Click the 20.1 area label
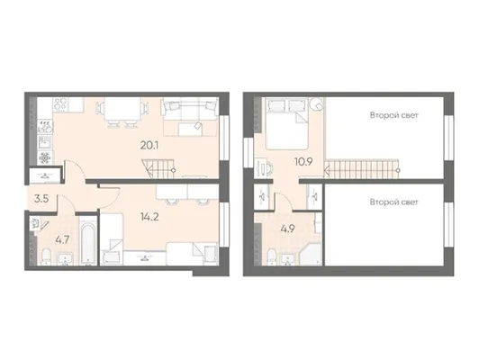(x=149, y=146)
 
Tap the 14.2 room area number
(x=149, y=217)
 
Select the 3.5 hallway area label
(x=41, y=199)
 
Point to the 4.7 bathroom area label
(x=62, y=240)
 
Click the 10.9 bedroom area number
(x=303, y=161)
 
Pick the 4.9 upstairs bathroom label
(x=288, y=229)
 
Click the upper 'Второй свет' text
(x=393, y=115)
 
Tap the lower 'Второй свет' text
(x=393, y=202)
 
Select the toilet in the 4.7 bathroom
(x=47, y=256)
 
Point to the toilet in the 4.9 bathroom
(x=273, y=257)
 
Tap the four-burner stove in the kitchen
(x=61, y=103)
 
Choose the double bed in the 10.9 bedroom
(x=287, y=123)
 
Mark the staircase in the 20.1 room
(x=158, y=168)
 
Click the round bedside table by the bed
(x=317, y=105)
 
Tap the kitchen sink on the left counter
(x=46, y=142)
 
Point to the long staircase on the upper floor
(x=362, y=168)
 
